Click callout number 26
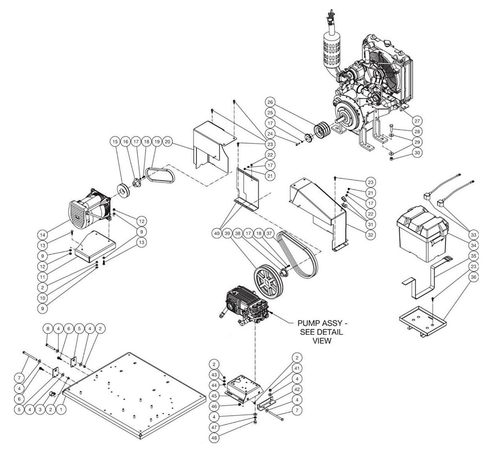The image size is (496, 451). click(270, 102)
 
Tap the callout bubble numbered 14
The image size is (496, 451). click(43, 235)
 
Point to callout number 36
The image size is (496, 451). click(473, 277)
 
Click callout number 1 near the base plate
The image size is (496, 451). click(61, 409)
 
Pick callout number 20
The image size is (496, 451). click(168, 142)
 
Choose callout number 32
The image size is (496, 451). click(370, 235)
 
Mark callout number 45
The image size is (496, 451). click(214, 396)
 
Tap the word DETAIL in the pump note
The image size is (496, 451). click(331, 332)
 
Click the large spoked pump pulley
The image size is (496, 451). click(269, 282)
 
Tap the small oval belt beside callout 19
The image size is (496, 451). click(160, 175)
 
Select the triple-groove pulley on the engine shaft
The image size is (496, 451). click(321, 131)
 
